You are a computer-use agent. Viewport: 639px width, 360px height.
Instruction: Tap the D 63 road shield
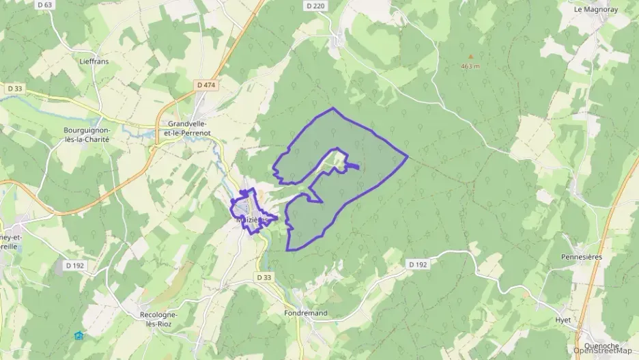(46, 5)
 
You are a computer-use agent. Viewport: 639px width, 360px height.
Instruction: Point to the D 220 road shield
(315, 5)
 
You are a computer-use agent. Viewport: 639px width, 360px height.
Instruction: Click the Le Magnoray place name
(595, 10)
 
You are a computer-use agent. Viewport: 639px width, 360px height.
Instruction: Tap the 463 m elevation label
(470, 66)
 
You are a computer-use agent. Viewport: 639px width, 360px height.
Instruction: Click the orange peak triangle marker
(470, 57)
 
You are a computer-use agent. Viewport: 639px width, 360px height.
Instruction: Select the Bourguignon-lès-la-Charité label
(86, 133)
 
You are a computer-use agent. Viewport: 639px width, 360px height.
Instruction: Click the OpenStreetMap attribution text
(602, 351)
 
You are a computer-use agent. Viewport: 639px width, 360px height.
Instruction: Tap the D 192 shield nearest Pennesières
(418, 264)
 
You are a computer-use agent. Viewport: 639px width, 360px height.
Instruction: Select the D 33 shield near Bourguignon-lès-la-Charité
(14, 88)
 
